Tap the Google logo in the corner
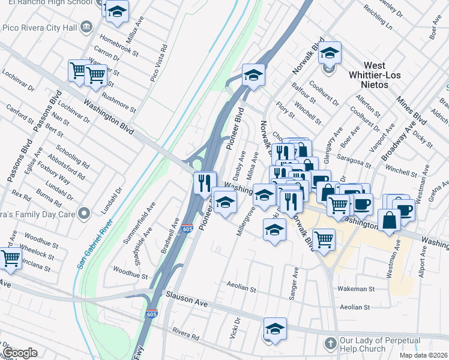pyautogui.click(x=20, y=353)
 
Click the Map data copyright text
pyautogui.click(x=424, y=356)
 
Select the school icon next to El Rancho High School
pyautogui.click(x=117, y=11)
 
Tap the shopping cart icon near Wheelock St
pyautogui.click(x=11, y=259)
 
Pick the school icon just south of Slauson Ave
pyautogui.click(x=274, y=329)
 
